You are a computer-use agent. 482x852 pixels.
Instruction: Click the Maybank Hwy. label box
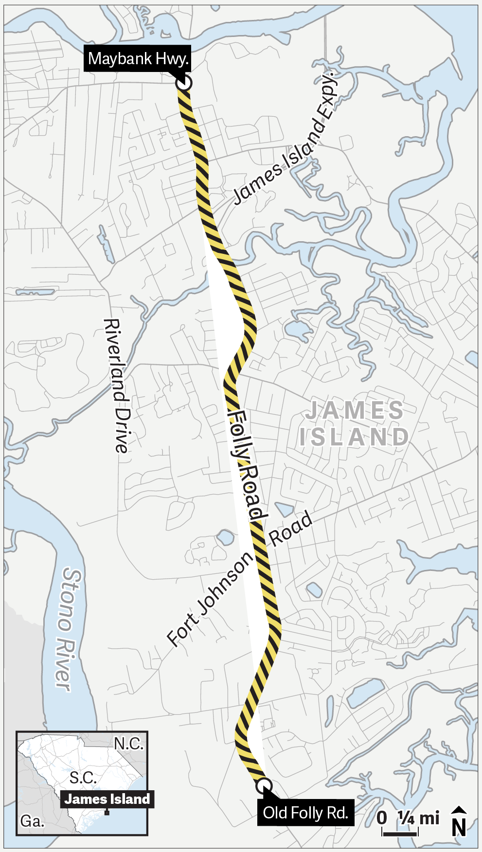[137, 59]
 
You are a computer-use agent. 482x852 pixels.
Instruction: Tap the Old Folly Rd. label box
[305, 813]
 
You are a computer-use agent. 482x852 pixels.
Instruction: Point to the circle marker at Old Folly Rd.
[264, 785]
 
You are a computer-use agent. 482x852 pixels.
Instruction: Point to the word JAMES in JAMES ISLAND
[355, 410]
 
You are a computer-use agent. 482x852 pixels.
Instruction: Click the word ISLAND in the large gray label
[355, 437]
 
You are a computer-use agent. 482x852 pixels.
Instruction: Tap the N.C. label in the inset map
[128, 744]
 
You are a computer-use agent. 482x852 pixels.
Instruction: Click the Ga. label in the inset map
[32, 822]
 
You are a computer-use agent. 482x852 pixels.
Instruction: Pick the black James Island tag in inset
[107, 799]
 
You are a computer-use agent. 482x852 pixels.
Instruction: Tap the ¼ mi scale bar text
[418, 818]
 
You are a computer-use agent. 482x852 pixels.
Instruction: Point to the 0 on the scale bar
[382, 818]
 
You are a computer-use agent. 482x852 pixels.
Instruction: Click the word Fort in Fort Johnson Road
[182, 631]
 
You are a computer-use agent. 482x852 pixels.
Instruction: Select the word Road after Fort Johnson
[291, 529]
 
